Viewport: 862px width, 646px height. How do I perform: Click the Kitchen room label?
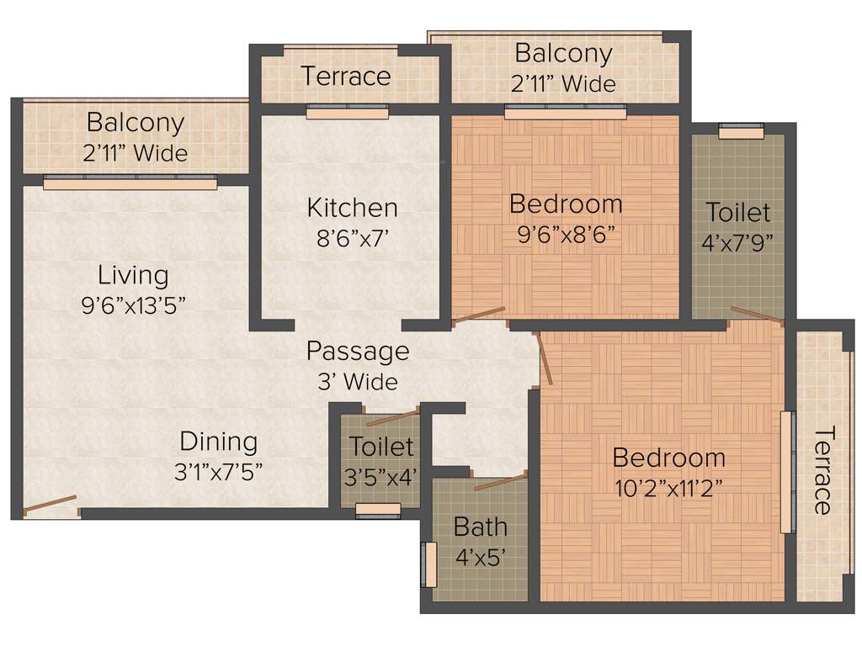[352, 207]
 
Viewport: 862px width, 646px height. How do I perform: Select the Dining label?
[218, 441]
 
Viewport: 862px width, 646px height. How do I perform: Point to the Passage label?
[357, 351]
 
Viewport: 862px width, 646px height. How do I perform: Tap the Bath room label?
[480, 527]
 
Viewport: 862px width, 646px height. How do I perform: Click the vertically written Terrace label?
[822, 470]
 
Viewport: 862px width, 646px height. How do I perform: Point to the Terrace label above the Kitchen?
[346, 77]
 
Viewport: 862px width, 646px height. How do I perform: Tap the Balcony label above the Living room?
[135, 123]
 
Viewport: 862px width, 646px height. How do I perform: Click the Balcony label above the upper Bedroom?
[563, 54]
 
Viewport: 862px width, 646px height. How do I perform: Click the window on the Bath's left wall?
[429, 564]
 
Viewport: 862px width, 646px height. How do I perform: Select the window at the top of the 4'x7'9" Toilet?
[741, 130]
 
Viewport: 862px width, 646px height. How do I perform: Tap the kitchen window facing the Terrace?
[347, 112]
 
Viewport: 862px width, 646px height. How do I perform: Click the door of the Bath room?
[500, 482]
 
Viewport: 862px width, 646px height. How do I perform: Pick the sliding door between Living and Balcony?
[130, 182]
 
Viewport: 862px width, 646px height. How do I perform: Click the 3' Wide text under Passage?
[357, 381]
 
